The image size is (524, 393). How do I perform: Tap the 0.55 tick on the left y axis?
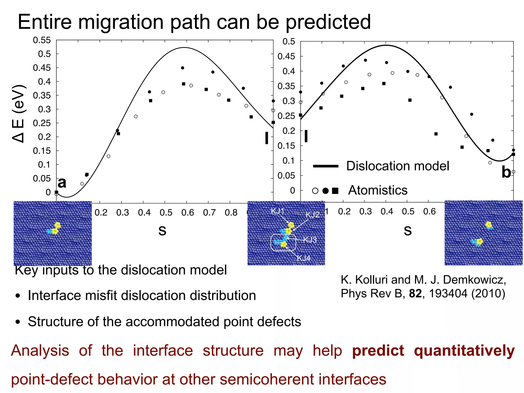tap(42, 40)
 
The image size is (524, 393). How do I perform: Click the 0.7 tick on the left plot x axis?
tap(209, 213)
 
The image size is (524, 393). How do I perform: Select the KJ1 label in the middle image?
tap(277, 211)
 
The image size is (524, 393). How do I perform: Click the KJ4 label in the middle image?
tap(303, 258)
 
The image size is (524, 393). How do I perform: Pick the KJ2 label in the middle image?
tap(312, 215)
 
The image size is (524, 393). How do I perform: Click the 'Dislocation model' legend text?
tap(397, 166)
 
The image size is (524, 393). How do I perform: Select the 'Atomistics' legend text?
tap(378, 190)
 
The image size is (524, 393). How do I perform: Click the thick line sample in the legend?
tap(325, 166)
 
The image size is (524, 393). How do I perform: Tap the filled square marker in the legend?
tap(335, 191)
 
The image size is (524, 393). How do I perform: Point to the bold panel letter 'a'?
tap(62, 183)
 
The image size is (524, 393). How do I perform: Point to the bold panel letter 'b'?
tap(506, 172)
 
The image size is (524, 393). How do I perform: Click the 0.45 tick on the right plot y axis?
tap(286, 56)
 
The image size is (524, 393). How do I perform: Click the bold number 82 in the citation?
tap(415, 293)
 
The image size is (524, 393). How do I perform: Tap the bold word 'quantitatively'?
tap(464, 351)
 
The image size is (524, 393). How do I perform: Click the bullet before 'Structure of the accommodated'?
tap(17, 322)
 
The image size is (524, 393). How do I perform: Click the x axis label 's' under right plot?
tap(407, 230)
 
